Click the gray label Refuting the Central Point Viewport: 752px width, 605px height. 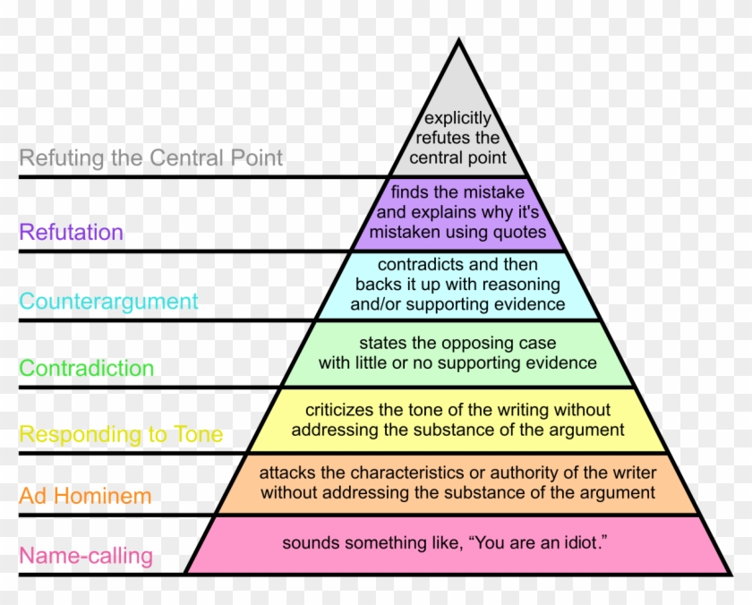(151, 158)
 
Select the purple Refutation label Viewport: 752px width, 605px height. (72, 233)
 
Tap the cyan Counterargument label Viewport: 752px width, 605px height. (108, 301)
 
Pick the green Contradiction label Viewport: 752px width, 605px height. (87, 368)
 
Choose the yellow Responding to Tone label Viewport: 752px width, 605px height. (121, 435)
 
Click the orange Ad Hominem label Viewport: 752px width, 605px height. (86, 495)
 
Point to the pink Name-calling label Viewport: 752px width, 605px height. (86, 556)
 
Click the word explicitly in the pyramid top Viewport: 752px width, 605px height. (457, 118)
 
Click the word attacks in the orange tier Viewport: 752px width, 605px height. (286, 472)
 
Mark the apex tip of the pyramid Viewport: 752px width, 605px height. (458, 40)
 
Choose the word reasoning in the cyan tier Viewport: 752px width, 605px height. (522, 285)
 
